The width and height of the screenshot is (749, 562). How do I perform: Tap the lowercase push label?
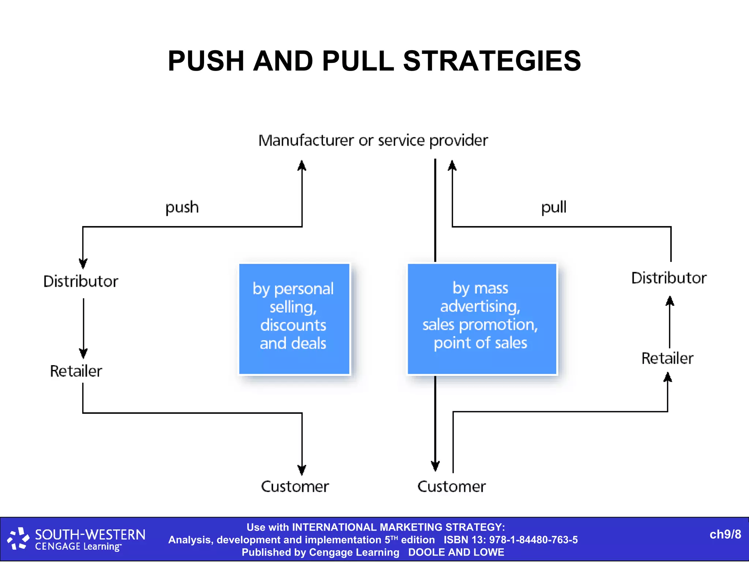click(x=182, y=207)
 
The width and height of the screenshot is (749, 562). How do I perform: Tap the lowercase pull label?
click(x=553, y=207)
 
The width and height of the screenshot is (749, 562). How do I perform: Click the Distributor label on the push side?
click(x=80, y=281)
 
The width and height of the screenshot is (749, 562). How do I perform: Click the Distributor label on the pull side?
click(x=669, y=278)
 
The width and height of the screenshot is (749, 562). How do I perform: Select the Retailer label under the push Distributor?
click(x=76, y=371)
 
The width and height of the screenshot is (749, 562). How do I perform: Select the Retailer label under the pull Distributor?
click(x=667, y=358)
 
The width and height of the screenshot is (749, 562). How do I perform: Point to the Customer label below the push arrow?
click(x=295, y=487)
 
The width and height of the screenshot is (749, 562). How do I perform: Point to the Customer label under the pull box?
click(x=451, y=487)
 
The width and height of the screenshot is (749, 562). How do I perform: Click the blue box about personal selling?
click(x=294, y=319)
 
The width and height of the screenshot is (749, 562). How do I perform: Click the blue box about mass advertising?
click(x=482, y=319)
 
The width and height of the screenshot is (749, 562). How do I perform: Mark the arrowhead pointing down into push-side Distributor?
click(x=83, y=263)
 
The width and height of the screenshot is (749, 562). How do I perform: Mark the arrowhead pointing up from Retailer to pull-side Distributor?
click(x=670, y=301)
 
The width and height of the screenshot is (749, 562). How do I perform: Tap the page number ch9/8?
click(x=725, y=535)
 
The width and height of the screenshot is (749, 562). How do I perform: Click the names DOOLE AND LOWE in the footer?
click(x=456, y=552)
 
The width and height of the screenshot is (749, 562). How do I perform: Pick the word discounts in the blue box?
click(x=293, y=325)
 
